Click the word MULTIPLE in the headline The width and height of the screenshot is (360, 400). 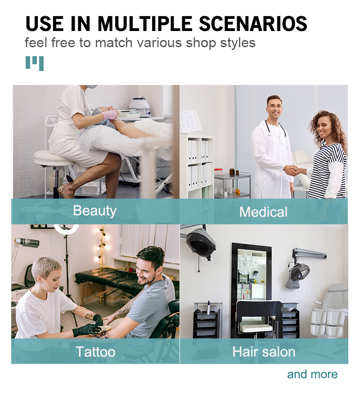click(x=145, y=24)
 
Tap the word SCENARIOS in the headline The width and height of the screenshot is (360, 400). click(x=253, y=24)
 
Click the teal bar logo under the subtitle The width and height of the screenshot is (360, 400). click(x=35, y=63)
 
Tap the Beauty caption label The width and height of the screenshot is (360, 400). click(x=95, y=211)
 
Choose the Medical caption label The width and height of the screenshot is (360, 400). click(x=263, y=212)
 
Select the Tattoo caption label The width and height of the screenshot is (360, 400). click(x=95, y=352)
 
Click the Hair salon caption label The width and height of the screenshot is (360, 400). click(x=264, y=352)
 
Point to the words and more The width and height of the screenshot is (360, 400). click(x=312, y=374)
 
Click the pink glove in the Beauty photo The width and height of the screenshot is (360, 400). click(x=110, y=115)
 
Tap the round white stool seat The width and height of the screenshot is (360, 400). click(x=55, y=158)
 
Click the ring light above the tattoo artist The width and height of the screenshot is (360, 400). click(x=66, y=229)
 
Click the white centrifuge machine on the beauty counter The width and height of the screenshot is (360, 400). click(x=140, y=107)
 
